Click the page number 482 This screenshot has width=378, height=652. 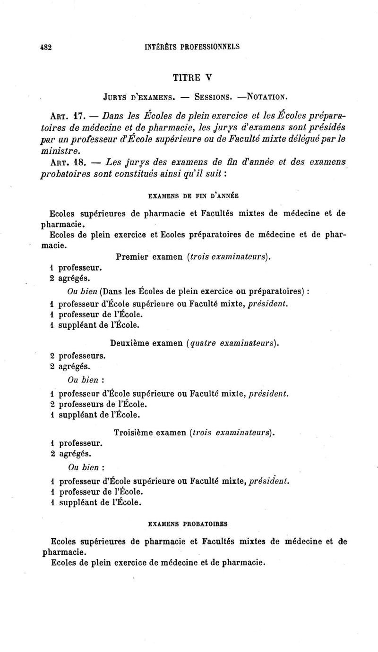coord(44,47)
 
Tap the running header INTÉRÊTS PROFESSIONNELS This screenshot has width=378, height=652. coord(191,47)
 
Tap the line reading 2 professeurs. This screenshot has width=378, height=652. coord(77,355)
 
